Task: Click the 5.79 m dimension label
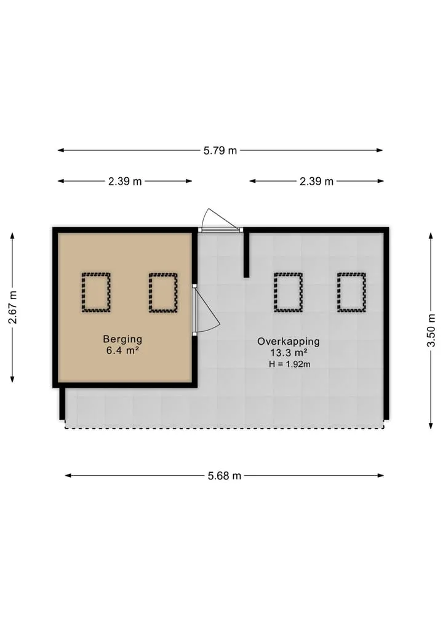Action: point(220,151)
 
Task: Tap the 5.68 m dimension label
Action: point(225,475)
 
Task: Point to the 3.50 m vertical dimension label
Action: point(431,331)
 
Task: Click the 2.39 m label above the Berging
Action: point(125,181)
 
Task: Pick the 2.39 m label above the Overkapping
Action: point(316,181)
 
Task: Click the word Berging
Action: point(122,339)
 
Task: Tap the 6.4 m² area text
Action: point(122,351)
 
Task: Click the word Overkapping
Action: point(289,342)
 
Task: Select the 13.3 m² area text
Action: point(289,353)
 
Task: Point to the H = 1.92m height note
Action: point(290,364)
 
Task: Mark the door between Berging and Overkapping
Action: point(194,310)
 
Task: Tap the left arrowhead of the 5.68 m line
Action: point(68,475)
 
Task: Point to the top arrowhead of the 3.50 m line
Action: point(431,236)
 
